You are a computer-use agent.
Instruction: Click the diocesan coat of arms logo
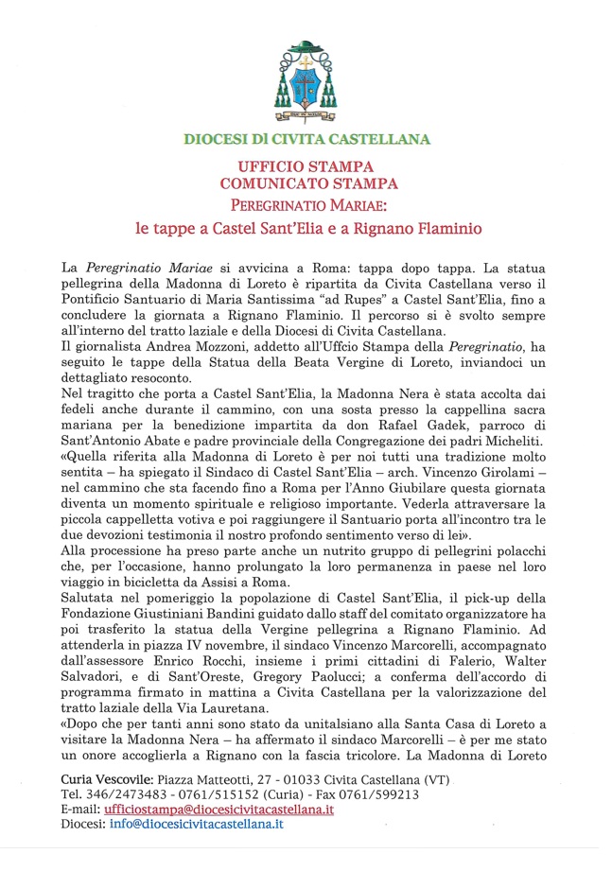click(306, 78)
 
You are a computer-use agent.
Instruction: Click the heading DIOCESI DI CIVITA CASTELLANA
click(306, 139)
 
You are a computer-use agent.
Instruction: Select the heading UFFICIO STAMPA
click(307, 165)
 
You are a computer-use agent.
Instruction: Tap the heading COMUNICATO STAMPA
click(307, 183)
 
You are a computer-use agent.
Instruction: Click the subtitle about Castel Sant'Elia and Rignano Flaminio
click(307, 229)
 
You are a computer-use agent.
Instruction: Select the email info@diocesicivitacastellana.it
click(197, 826)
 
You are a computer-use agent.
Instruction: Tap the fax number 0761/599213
click(376, 795)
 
